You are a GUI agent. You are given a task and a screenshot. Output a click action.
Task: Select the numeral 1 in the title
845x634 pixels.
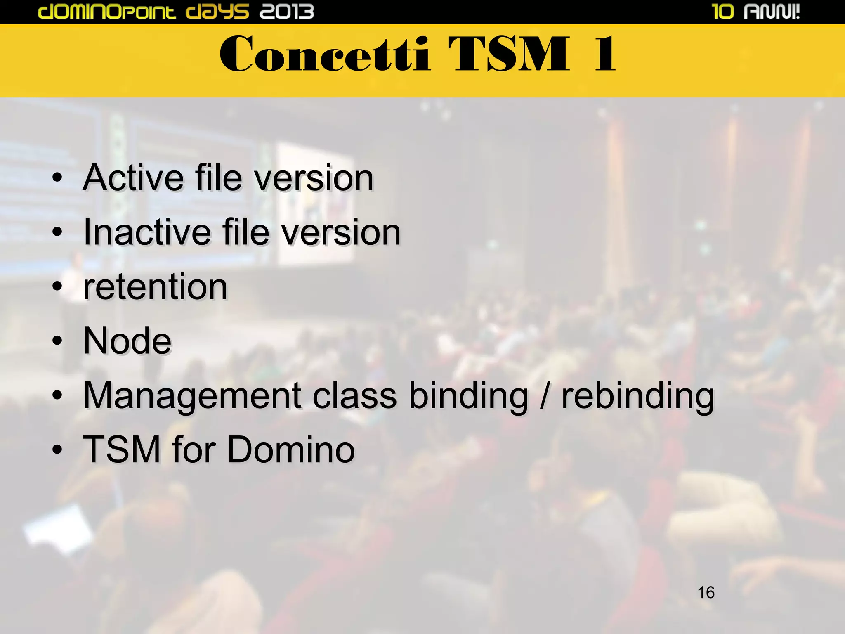605,54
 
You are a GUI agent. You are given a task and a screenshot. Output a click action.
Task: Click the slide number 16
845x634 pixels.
706,592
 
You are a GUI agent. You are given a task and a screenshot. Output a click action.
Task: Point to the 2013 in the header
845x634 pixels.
287,11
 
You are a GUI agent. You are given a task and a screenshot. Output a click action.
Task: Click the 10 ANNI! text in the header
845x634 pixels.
756,11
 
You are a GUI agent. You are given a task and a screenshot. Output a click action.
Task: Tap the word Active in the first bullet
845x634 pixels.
133,178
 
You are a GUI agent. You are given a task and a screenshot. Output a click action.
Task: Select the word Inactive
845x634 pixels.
146,232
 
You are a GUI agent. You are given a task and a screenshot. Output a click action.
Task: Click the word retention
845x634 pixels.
155,287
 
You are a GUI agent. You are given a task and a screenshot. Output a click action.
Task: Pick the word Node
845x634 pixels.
127,341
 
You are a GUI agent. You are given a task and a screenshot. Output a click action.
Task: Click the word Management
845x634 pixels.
192,396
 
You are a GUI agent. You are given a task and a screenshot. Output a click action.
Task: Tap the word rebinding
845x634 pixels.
637,396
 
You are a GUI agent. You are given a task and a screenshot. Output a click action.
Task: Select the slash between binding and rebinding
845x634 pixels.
545,396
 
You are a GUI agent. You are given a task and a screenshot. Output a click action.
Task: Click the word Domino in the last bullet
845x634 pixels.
291,449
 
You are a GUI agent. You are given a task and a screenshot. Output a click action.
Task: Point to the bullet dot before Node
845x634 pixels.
57,341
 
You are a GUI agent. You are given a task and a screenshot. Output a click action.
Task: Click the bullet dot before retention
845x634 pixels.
57,287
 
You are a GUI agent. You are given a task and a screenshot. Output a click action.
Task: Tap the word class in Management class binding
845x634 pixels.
354,396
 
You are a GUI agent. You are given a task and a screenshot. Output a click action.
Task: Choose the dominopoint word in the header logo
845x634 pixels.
107,11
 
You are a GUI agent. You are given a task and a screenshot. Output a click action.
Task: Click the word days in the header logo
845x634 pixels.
217,11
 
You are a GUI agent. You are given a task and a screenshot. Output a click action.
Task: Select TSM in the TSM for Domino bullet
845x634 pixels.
122,449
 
